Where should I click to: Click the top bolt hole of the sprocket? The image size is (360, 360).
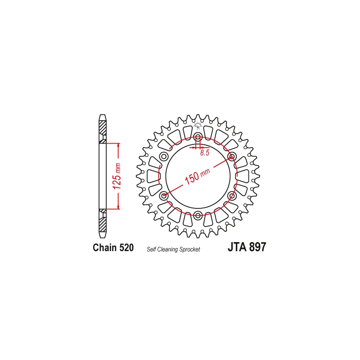(198, 137)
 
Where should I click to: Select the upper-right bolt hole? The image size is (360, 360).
(232, 157)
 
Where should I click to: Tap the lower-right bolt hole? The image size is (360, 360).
(232, 196)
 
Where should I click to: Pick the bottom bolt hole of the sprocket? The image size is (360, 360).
(198, 215)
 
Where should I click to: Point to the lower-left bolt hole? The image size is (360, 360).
(164, 196)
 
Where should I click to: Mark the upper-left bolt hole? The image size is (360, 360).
(164, 157)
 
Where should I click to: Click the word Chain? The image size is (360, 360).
(105, 248)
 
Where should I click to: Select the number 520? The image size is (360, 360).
(126, 248)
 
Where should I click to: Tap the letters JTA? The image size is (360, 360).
(236, 247)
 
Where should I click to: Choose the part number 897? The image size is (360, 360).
(257, 247)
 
